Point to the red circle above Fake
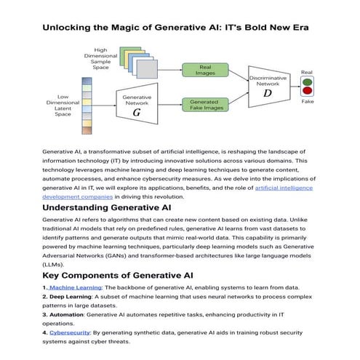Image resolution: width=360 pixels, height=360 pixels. [306, 92]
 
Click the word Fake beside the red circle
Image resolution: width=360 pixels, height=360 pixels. [306, 103]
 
